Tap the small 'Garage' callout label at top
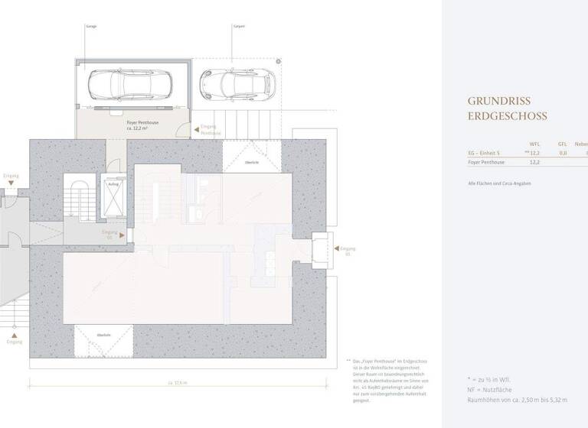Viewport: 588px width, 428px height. pyautogui.click(x=92, y=25)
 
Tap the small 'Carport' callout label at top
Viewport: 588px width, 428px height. pyautogui.click(x=238, y=25)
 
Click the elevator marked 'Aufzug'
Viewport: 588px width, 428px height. pyautogui.click(x=113, y=197)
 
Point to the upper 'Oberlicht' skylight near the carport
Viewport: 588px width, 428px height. pyautogui.click(x=250, y=162)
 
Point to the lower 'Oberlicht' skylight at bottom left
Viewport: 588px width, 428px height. pyautogui.click(x=103, y=335)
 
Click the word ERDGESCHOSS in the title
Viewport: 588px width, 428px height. pyautogui.click(x=508, y=117)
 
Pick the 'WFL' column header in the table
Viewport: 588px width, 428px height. pyautogui.click(x=534, y=144)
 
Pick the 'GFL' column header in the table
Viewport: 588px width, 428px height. pyautogui.click(x=562, y=144)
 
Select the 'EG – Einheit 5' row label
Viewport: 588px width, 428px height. pyautogui.click(x=484, y=153)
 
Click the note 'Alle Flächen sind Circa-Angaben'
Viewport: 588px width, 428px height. pyautogui.click(x=499, y=183)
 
